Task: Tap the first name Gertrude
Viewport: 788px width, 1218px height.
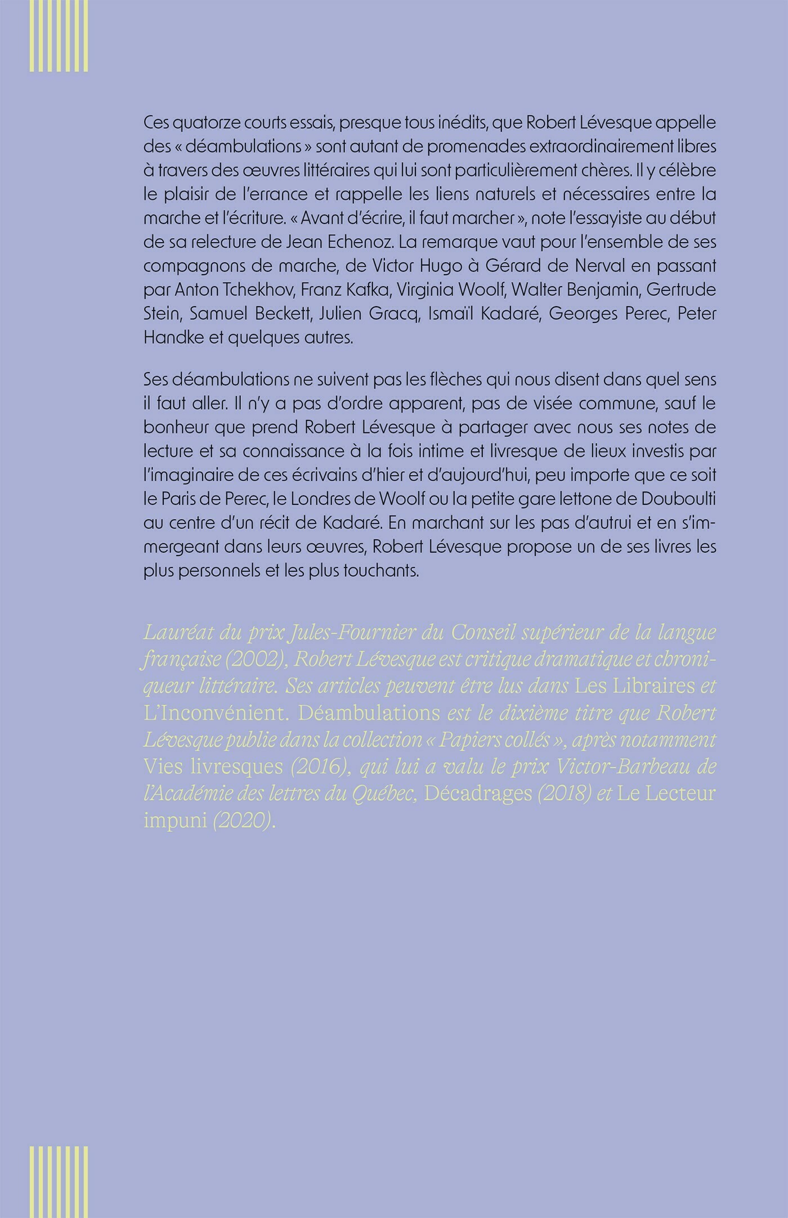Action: pos(681,290)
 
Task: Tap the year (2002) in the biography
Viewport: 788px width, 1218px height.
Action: pos(257,660)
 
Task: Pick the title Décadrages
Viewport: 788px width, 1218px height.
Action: pos(478,794)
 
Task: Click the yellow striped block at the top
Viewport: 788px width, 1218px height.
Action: pos(59,35)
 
